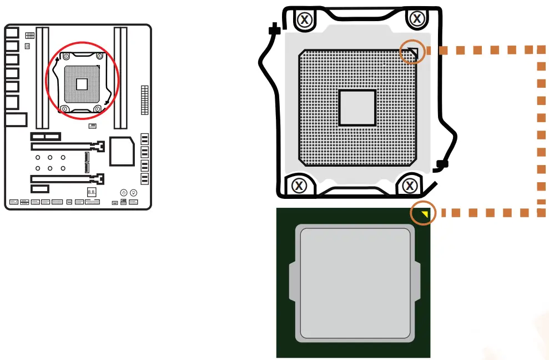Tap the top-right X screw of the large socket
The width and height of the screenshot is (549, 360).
pyautogui.click(x=417, y=19)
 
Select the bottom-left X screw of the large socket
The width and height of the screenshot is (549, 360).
pyautogui.click(x=299, y=185)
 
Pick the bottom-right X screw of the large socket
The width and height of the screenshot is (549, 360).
pyautogui.click(x=410, y=185)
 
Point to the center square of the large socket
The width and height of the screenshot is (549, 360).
pyautogui.click(x=357, y=107)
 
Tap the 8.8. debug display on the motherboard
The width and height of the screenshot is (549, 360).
pyautogui.click(x=92, y=192)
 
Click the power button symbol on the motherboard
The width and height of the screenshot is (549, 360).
pyautogui.click(x=123, y=192)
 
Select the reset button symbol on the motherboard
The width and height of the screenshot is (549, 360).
pyautogui.click(x=133, y=192)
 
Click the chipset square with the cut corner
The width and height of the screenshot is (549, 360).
pyautogui.click(x=122, y=151)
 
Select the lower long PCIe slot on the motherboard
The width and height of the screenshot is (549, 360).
pyautogui.click(x=67, y=179)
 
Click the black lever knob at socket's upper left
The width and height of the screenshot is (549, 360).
pyautogui.click(x=273, y=29)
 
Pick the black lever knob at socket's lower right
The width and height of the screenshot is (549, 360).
pyautogui.click(x=441, y=164)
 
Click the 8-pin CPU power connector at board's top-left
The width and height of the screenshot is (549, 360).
pyautogui.click(x=30, y=36)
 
